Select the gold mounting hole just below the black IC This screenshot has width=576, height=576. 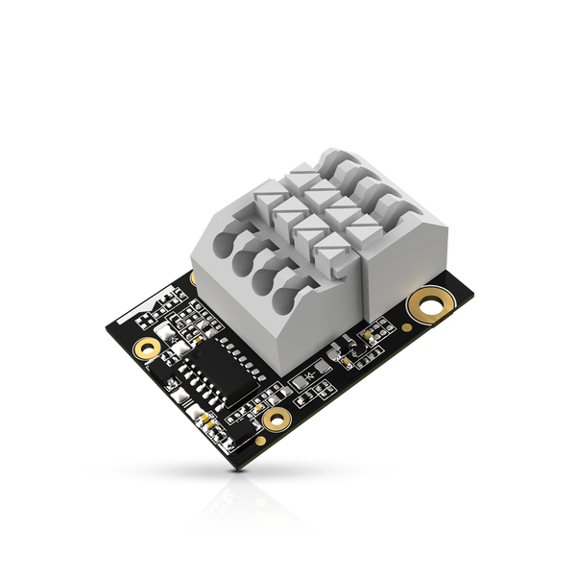(x=277, y=419)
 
